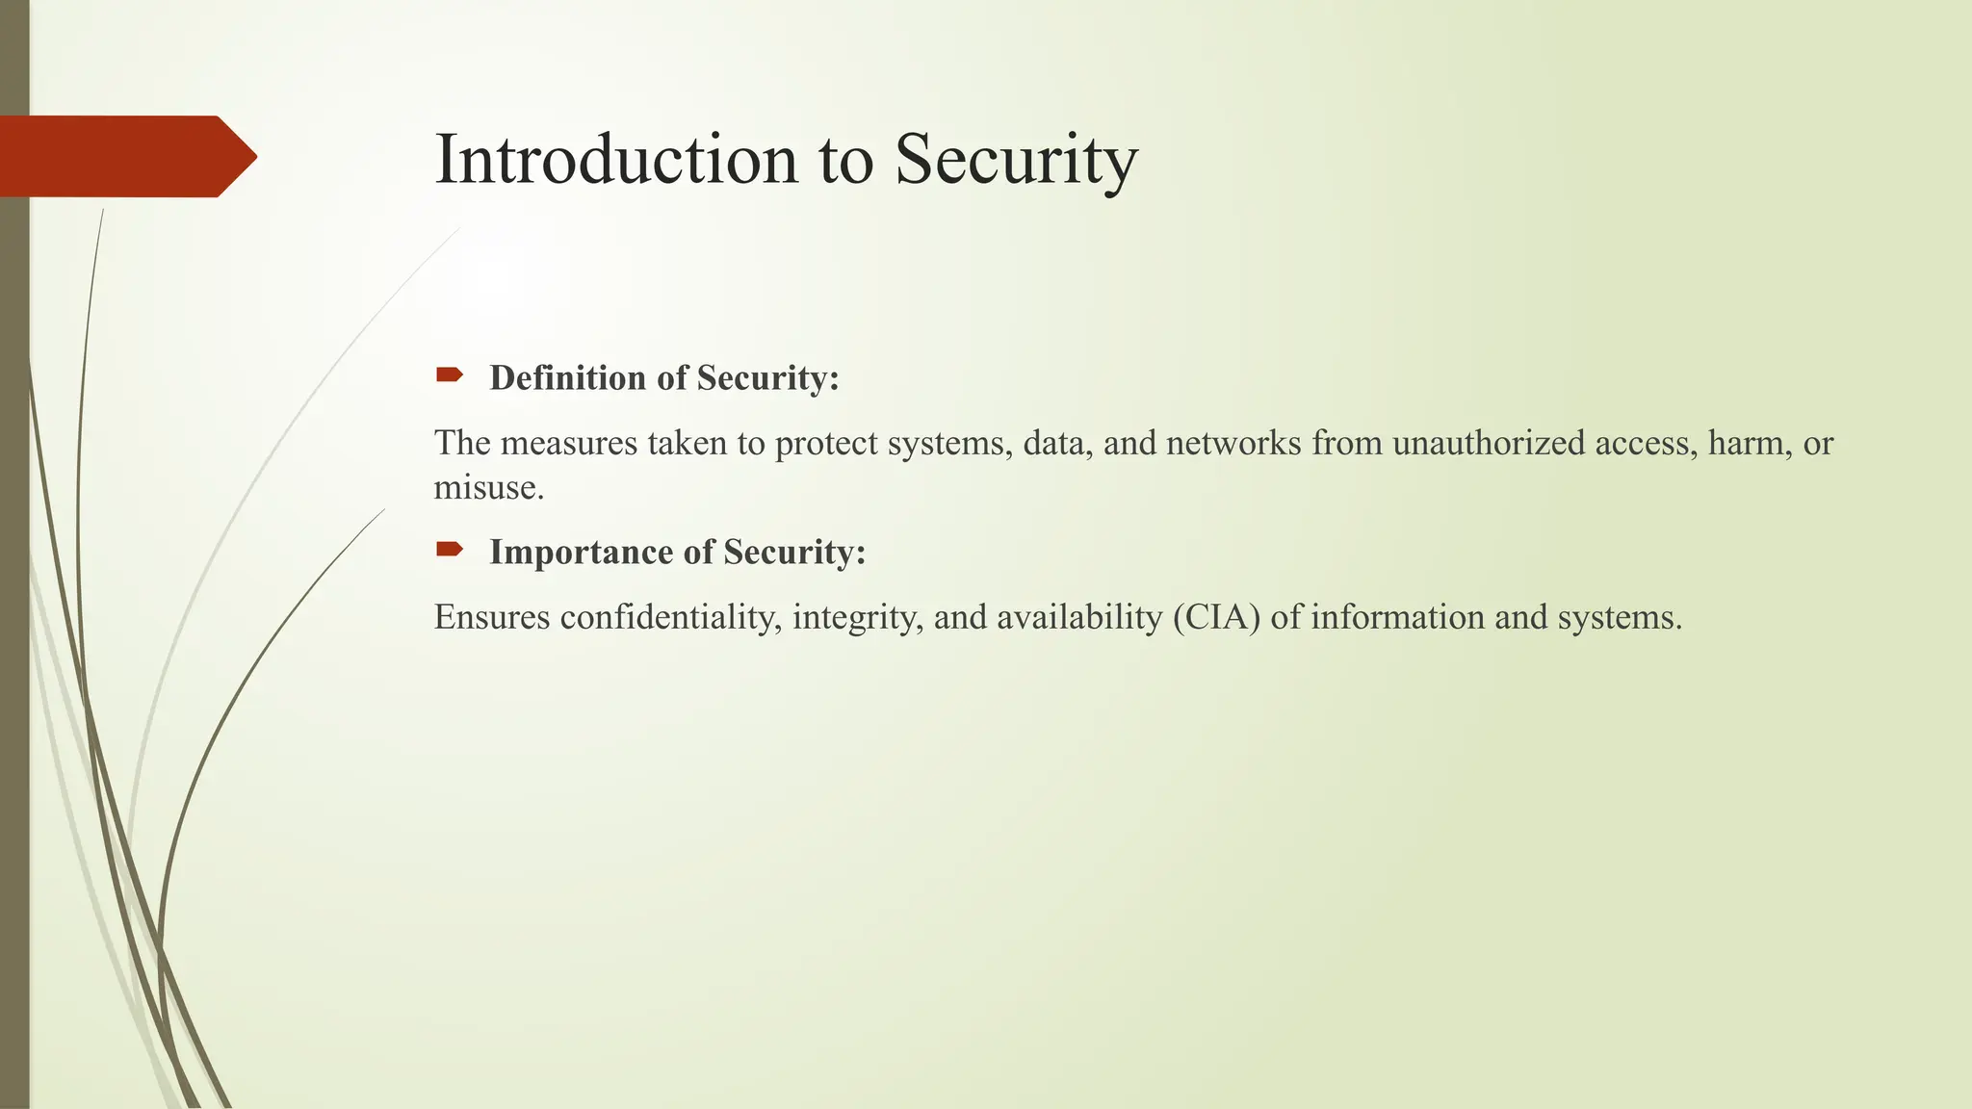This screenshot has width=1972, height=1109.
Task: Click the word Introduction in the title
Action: click(x=616, y=159)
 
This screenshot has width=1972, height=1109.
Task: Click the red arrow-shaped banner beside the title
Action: click(x=125, y=156)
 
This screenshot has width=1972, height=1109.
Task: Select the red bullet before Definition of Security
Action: click(x=449, y=374)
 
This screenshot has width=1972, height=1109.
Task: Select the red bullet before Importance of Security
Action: click(x=449, y=549)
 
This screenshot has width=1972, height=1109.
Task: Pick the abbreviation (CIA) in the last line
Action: click(x=1216, y=617)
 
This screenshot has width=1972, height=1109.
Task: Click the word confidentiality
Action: click(x=670, y=617)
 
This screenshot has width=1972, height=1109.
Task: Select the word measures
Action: click(x=569, y=443)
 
